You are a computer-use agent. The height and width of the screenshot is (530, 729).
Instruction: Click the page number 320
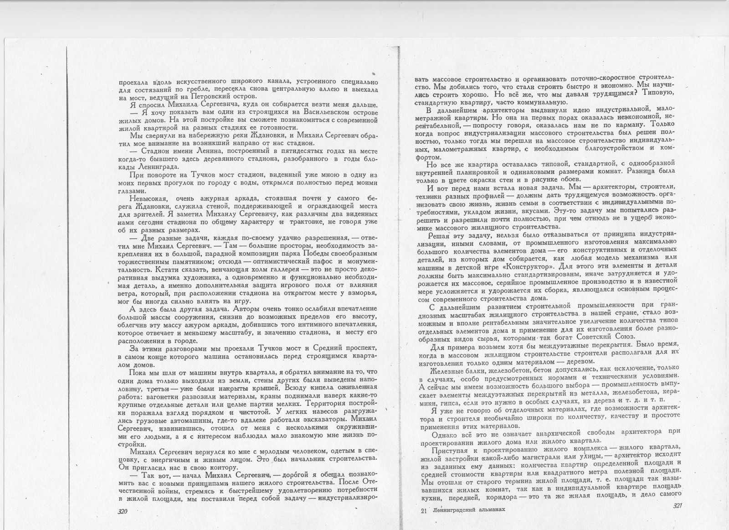[122, 512]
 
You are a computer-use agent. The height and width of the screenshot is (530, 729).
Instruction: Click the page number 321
[677, 506]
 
